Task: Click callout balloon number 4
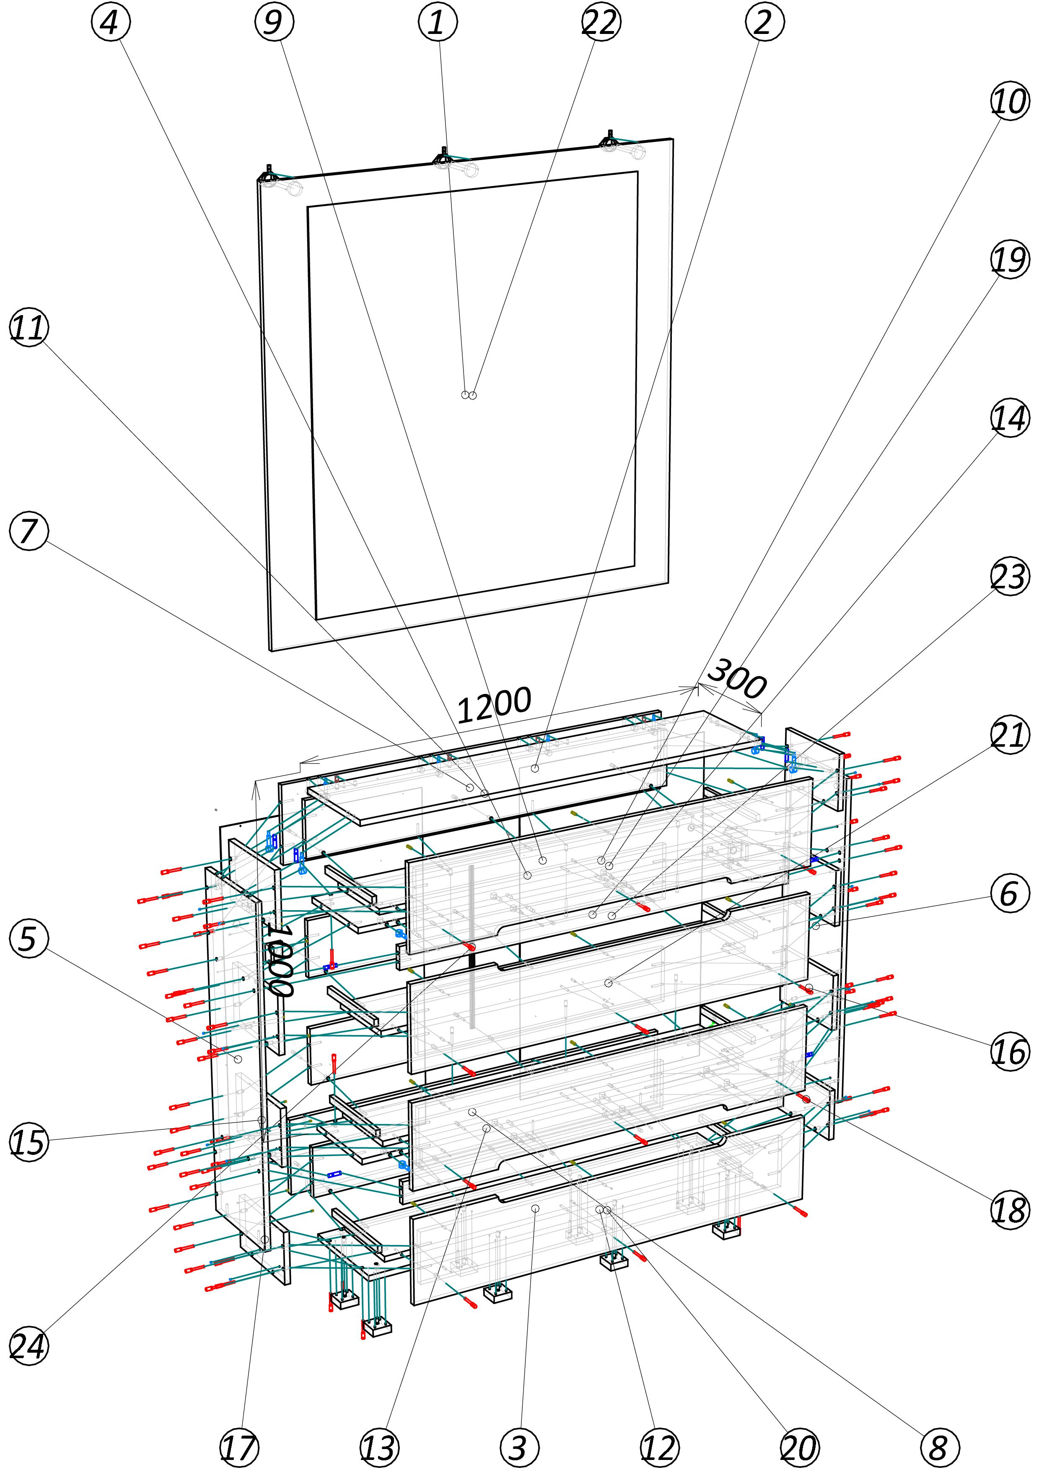(x=110, y=22)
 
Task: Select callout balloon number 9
(x=274, y=22)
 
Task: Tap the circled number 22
(x=600, y=22)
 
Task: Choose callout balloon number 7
(x=29, y=531)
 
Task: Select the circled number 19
(x=1010, y=260)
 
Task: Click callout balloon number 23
(x=1010, y=577)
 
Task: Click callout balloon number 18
(x=1010, y=1210)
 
